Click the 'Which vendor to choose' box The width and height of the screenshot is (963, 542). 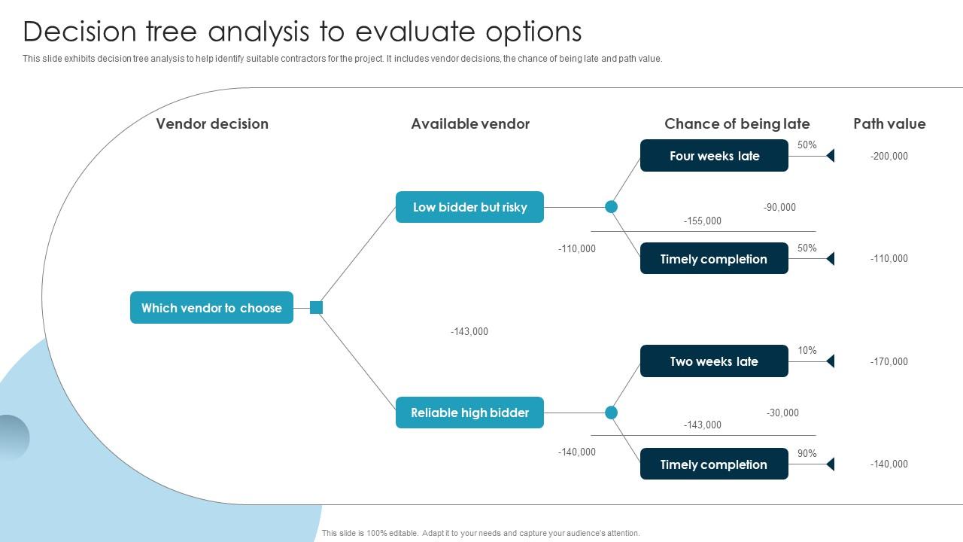pos(211,308)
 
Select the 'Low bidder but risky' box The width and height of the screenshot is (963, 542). pos(469,207)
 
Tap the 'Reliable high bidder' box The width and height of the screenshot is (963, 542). pos(469,413)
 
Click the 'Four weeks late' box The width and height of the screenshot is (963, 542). pos(714,156)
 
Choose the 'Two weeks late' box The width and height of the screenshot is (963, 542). pos(714,361)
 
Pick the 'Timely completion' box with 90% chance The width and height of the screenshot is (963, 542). pos(714,464)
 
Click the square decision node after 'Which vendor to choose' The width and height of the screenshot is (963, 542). pos(317,307)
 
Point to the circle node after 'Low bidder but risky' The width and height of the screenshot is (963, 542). pos(612,207)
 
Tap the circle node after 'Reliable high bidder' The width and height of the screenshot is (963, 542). pos(612,413)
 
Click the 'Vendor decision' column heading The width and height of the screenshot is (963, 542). pos(212,124)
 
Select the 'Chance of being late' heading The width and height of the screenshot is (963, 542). pos(737,124)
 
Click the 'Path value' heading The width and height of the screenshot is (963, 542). pos(889,124)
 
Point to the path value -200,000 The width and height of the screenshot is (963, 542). pos(889,157)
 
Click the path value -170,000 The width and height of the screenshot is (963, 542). pos(889,362)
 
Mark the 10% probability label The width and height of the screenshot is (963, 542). pos(807,351)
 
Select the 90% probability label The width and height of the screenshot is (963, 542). pos(807,454)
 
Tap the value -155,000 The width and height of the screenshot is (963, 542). pos(702,221)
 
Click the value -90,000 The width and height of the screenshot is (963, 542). pos(779,208)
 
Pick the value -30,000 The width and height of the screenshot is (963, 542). pos(782,413)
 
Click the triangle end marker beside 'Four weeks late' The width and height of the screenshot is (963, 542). pos(831,156)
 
